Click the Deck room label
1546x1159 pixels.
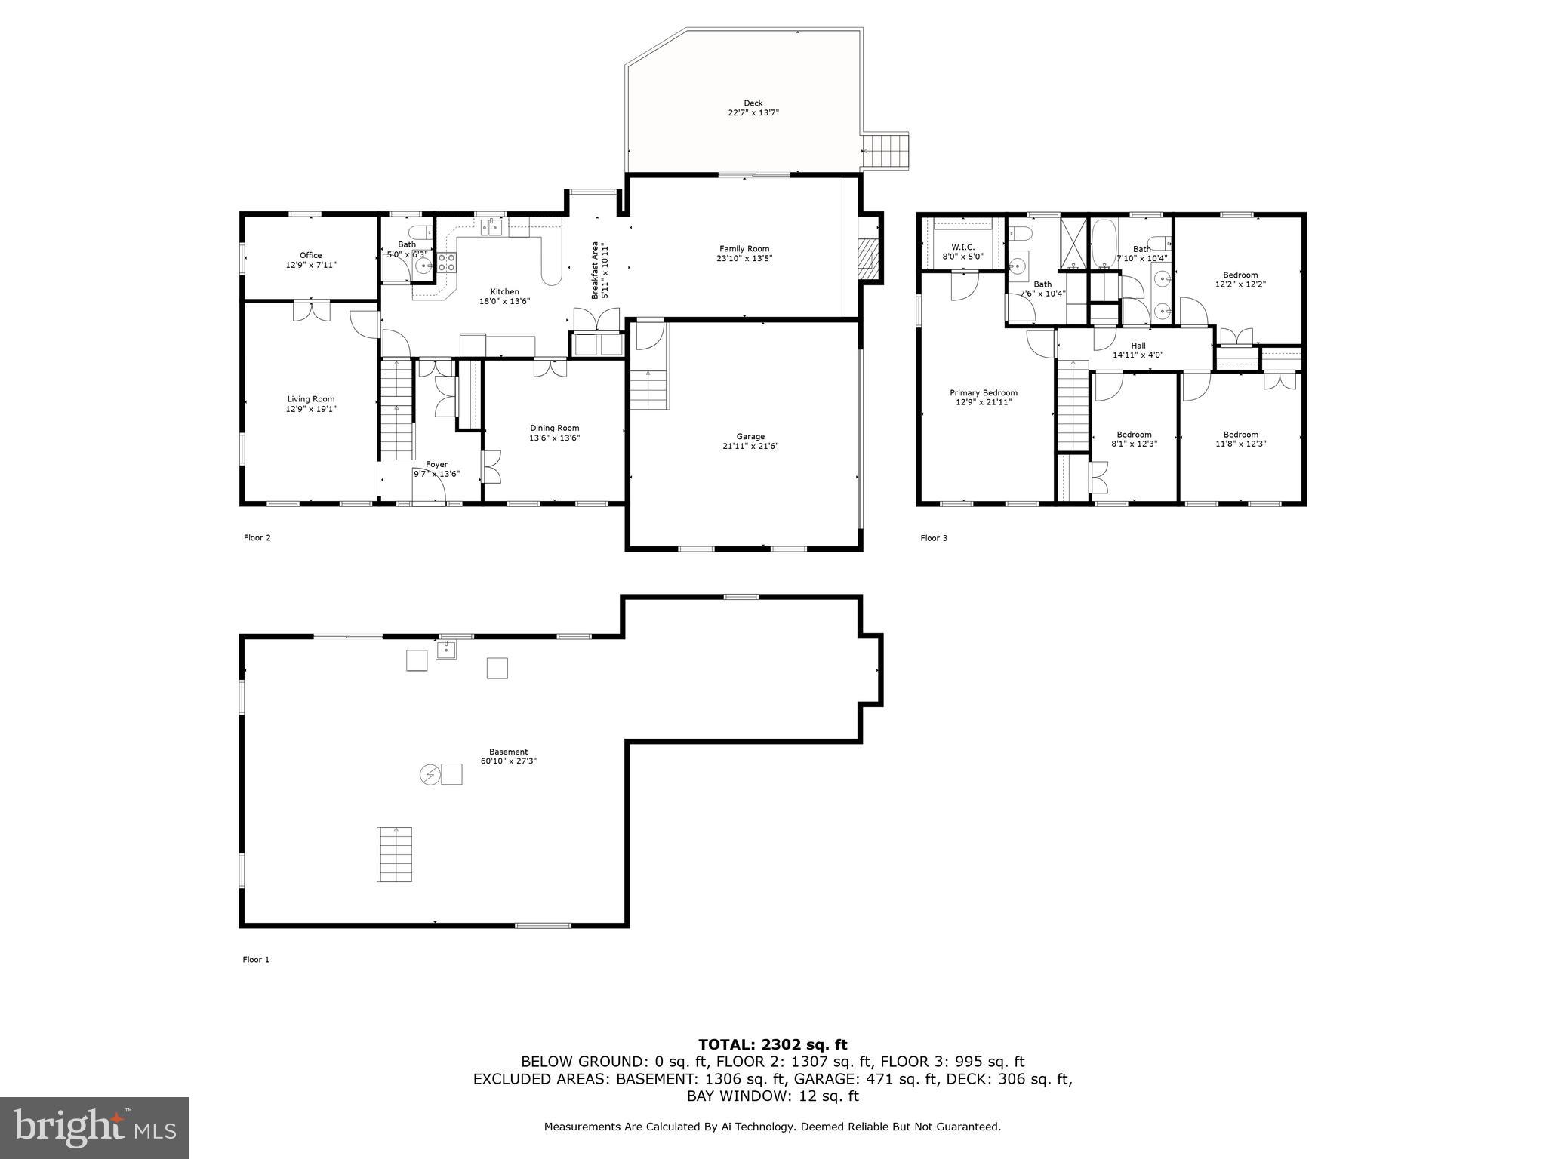(x=753, y=103)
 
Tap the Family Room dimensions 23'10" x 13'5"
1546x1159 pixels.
(x=744, y=259)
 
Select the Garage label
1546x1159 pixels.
(x=750, y=436)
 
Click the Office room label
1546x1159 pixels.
(x=310, y=255)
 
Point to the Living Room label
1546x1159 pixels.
(x=310, y=399)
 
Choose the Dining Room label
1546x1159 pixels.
(x=554, y=428)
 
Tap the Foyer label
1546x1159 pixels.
(x=436, y=464)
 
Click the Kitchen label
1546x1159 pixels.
(x=504, y=291)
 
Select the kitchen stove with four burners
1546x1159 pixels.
(x=446, y=262)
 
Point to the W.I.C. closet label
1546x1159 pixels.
(x=962, y=247)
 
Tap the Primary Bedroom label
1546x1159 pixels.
(x=983, y=392)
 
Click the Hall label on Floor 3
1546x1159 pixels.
(x=1138, y=346)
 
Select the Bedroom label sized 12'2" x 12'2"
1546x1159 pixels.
(x=1240, y=275)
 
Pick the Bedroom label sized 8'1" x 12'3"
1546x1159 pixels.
(x=1134, y=434)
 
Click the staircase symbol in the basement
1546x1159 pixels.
(x=395, y=854)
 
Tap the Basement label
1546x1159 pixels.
(x=508, y=752)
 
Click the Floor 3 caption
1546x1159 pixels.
(x=933, y=538)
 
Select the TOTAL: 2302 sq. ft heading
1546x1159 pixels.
(x=772, y=1045)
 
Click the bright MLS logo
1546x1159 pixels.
(x=94, y=1128)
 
